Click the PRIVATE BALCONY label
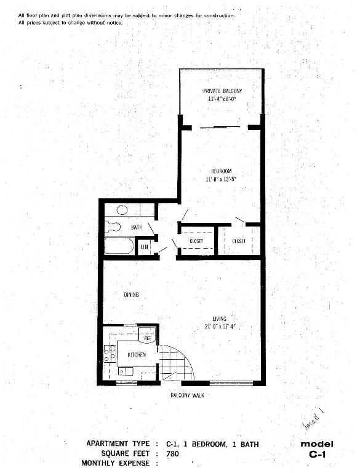[x=222, y=91]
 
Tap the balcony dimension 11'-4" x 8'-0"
[x=222, y=99]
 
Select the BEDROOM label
[x=221, y=171]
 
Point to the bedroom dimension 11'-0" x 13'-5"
[x=221, y=179]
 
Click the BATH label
[x=136, y=227]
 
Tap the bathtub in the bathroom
[x=119, y=246]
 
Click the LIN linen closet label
[x=145, y=247]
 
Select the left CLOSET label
[x=196, y=241]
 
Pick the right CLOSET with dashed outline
[x=239, y=241]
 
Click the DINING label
[x=131, y=295]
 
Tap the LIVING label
[x=220, y=318]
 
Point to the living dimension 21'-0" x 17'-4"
[x=220, y=326]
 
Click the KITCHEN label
[x=137, y=355]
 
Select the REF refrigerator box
[x=148, y=336]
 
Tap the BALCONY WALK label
[x=187, y=395]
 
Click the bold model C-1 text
[x=317, y=450]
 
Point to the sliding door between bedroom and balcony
[x=220, y=127]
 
